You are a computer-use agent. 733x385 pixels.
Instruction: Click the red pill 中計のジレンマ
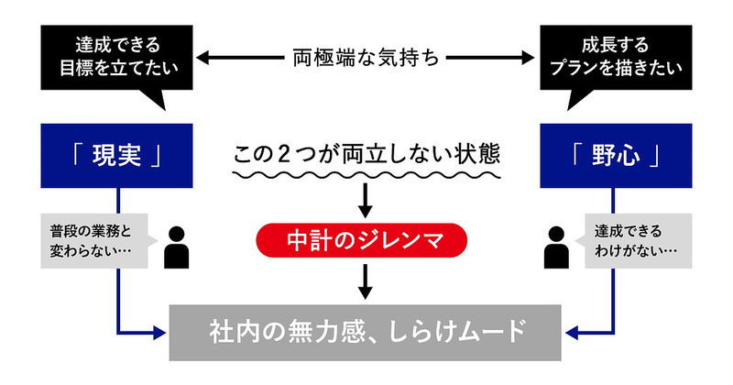tap(366, 241)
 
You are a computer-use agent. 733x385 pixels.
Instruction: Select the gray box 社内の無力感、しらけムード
tap(366, 329)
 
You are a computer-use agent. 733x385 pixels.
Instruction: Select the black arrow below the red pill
tap(366, 282)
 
